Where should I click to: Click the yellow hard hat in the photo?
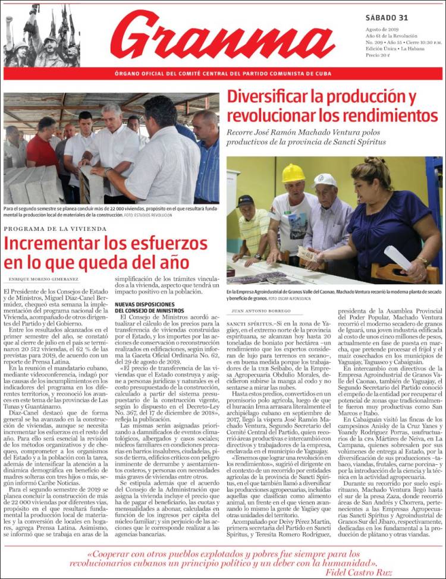point(293,174)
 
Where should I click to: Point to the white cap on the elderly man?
point(325,180)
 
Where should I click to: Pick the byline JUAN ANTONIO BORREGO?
point(262,310)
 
